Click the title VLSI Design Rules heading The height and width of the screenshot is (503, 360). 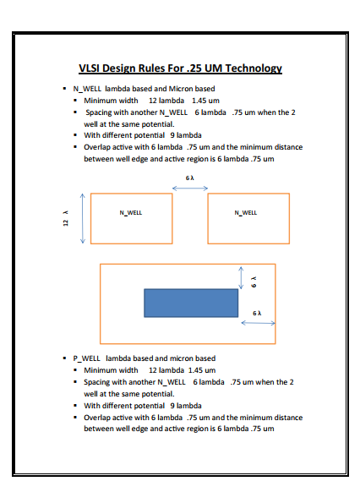pos(179,68)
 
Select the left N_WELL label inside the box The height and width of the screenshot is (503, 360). pos(130,212)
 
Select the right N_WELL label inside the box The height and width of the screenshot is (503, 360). pos(245,212)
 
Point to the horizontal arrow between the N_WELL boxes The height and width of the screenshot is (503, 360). pos(190,188)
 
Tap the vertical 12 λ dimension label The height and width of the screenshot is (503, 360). pos(64,219)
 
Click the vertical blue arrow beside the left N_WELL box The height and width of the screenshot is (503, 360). pos(82,218)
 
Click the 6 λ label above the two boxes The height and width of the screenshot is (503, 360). pos(190,178)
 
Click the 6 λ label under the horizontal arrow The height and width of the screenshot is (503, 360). pos(258,313)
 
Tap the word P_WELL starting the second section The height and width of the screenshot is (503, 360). pos(88,358)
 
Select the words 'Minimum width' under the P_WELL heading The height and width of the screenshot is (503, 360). pos(111,369)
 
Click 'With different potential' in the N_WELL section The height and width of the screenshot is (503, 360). pos(125,135)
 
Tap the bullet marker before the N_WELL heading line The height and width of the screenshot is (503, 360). pos(64,88)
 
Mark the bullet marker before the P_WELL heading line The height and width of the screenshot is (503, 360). pos(64,358)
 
